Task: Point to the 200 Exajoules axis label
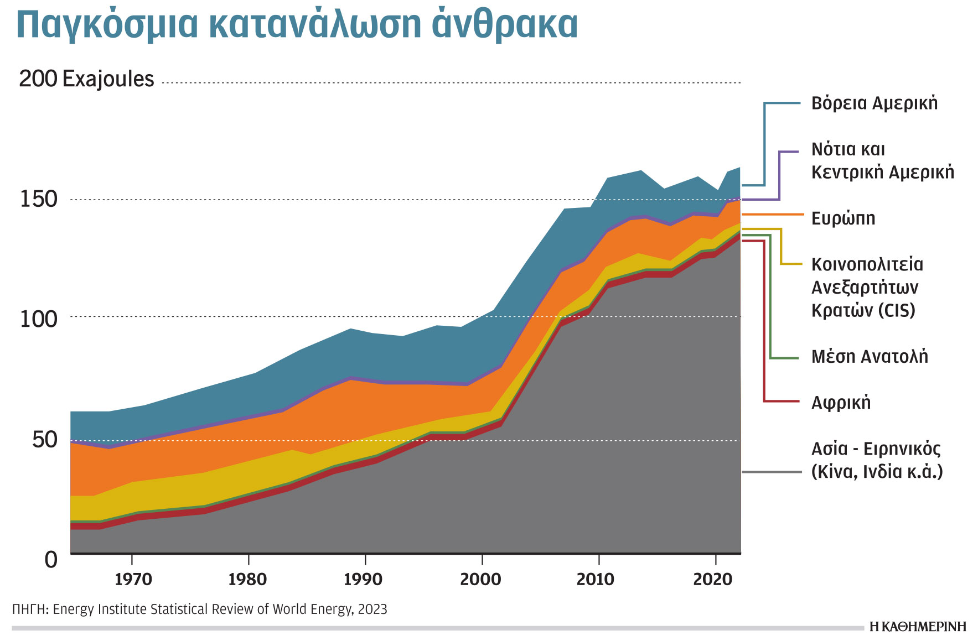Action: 86,79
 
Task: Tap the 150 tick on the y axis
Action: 39,199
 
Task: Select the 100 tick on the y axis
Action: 39,319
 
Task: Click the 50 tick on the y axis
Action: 44,440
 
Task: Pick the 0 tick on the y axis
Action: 51,560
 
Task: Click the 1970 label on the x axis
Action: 133,579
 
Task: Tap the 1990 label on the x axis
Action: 363,579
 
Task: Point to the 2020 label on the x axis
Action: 712,579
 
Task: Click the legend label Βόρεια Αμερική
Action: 874,103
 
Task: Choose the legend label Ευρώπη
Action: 843,218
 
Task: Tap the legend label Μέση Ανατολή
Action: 870,357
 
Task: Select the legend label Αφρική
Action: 841,403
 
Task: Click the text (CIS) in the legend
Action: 897,310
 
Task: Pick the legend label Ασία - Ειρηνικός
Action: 876,449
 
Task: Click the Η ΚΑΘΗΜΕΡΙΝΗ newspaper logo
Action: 918,627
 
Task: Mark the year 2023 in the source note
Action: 372,609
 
